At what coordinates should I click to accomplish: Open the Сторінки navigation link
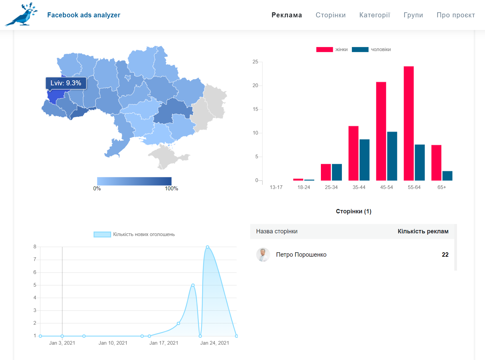point(331,15)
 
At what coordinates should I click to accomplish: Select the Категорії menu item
point(375,15)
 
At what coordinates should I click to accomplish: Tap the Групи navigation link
point(413,15)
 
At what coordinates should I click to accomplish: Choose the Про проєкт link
point(456,15)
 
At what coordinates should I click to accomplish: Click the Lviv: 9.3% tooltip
point(66,83)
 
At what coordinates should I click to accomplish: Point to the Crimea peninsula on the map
point(168,156)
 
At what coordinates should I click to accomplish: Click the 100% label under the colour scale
point(171,188)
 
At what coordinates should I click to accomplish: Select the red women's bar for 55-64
point(409,123)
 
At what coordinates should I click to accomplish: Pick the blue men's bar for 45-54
point(392,156)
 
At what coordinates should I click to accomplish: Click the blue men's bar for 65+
point(447,176)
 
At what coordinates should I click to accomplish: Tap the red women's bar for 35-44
point(353,153)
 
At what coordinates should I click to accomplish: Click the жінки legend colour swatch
point(325,50)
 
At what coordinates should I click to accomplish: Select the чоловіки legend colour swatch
point(360,50)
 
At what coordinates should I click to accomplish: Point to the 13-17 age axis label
point(276,187)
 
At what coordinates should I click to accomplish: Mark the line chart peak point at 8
point(207,247)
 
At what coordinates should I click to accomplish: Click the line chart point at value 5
point(193,285)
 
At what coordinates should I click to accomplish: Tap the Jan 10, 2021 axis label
point(113,343)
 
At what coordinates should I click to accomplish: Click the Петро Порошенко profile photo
point(263,255)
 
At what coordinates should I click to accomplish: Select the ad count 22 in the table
point(445,255)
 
